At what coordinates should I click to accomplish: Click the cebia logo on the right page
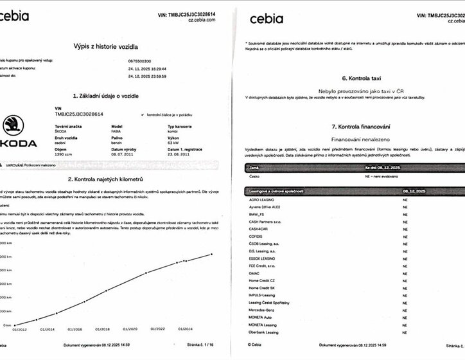[266, 18]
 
